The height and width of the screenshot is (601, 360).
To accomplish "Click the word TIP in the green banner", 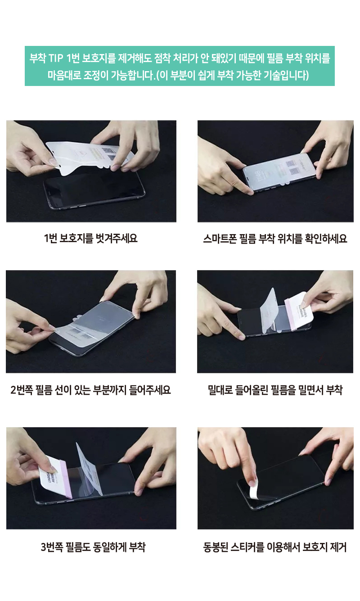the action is coord(56,58).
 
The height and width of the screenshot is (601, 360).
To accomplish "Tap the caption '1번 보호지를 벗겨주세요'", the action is coord(91,238).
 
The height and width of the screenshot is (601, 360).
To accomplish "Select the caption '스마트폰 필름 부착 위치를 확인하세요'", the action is coord(275,239).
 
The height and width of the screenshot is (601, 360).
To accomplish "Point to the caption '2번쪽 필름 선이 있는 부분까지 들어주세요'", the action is coord(90,390).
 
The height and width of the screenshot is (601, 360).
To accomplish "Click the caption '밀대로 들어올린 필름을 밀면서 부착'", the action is coord(275,390).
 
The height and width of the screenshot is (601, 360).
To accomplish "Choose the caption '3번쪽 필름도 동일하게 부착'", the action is coord(93,547).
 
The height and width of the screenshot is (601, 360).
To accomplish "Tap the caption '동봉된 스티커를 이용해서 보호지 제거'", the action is coord(275,547).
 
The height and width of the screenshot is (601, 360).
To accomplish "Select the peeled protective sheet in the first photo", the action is coord(89,157).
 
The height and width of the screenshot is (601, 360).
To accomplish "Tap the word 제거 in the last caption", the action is coord(338,547).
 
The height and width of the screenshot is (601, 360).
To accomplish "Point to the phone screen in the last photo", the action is coord(282,480).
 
